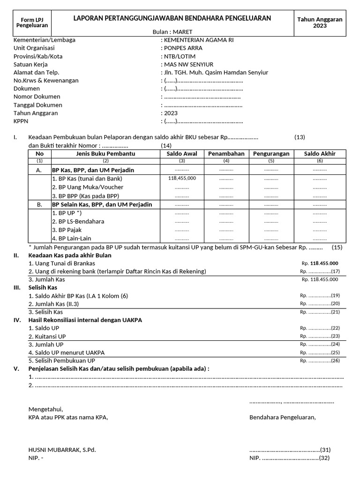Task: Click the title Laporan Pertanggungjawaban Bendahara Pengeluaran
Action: (x=172, y=18)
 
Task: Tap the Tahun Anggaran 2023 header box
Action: (x=320, y=22)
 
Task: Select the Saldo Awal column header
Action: (x=182, y=154)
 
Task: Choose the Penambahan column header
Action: (x=226, y=154)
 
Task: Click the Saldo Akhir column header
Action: (x=320, y=154)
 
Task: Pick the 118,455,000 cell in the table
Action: (x=182, y=179)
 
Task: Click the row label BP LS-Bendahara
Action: (x=78, y=221)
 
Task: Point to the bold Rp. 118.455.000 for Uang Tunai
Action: (x=320, y=263)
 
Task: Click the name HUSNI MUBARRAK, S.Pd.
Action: (x=62, y=450)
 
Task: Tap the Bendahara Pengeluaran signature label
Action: (x=283, y=417)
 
